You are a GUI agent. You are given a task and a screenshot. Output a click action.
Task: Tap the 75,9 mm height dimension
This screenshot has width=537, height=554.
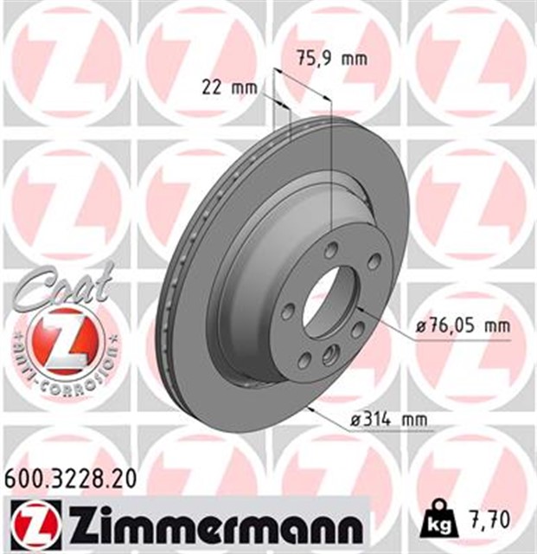(333, 59)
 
